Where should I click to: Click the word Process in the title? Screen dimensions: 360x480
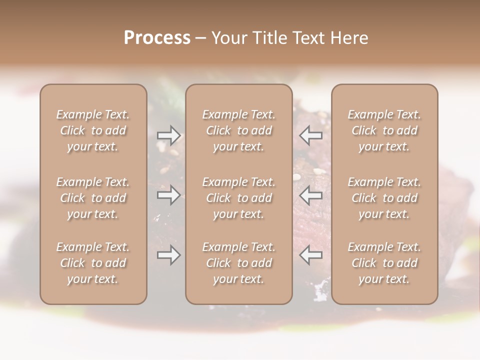tap(157, 38)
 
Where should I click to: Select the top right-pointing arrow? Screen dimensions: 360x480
tap(168, 135)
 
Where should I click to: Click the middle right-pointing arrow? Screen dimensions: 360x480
tap(168, 195)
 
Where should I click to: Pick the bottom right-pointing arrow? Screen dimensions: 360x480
tap(168, 255)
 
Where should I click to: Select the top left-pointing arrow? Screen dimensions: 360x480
tap(310, 135)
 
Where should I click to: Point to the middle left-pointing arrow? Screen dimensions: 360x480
tap(310, 195)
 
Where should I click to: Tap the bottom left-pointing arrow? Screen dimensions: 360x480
tap(310, 255)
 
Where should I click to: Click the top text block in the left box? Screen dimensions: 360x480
tap(93, 130)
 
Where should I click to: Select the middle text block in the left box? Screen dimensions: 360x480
tap(93, 198)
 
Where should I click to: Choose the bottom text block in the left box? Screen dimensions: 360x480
tap(93, 263)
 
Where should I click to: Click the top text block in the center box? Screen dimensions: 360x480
tap(239, 130)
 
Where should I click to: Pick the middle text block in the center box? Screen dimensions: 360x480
tap(239, 198)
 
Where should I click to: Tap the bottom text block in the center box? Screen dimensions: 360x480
tap(239, 263)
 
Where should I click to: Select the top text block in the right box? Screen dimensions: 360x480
tap(384, 130)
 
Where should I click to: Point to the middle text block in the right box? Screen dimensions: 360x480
tap(384, 198)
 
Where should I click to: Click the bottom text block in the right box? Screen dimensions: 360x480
tap(384, 263)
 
